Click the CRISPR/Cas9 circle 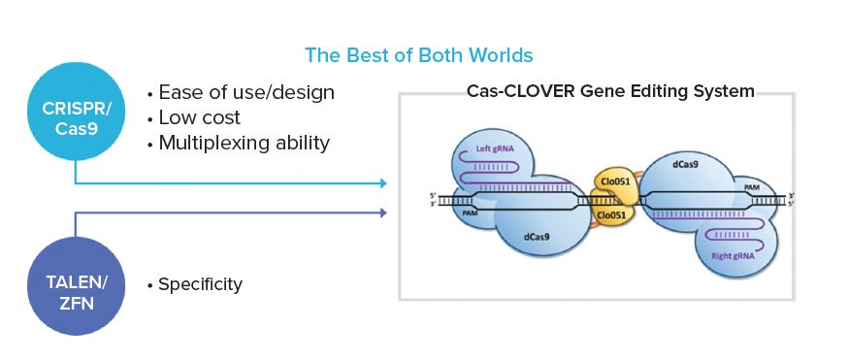77,112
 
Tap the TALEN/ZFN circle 77,286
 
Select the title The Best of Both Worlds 419,55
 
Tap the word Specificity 200,284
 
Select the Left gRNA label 494,147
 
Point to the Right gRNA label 733,256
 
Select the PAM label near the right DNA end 752,187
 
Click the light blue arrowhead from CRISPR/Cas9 383,183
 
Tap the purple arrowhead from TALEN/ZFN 383,213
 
